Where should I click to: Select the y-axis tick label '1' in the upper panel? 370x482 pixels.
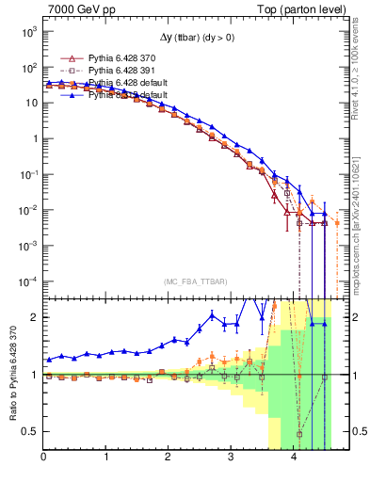point(33,138)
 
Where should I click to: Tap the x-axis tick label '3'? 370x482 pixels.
point(232,458)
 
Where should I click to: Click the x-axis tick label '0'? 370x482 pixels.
point(44,458)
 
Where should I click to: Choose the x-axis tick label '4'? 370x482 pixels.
point(294,458)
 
